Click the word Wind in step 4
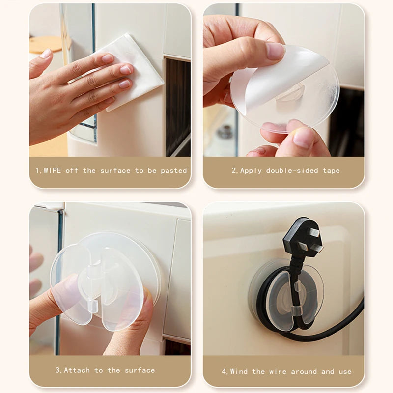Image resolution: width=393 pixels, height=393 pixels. click(x=240, y=371)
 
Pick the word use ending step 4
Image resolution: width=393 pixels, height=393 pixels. click(x=345, y=371)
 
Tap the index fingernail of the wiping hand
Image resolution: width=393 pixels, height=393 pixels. click(x=108, y=58)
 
